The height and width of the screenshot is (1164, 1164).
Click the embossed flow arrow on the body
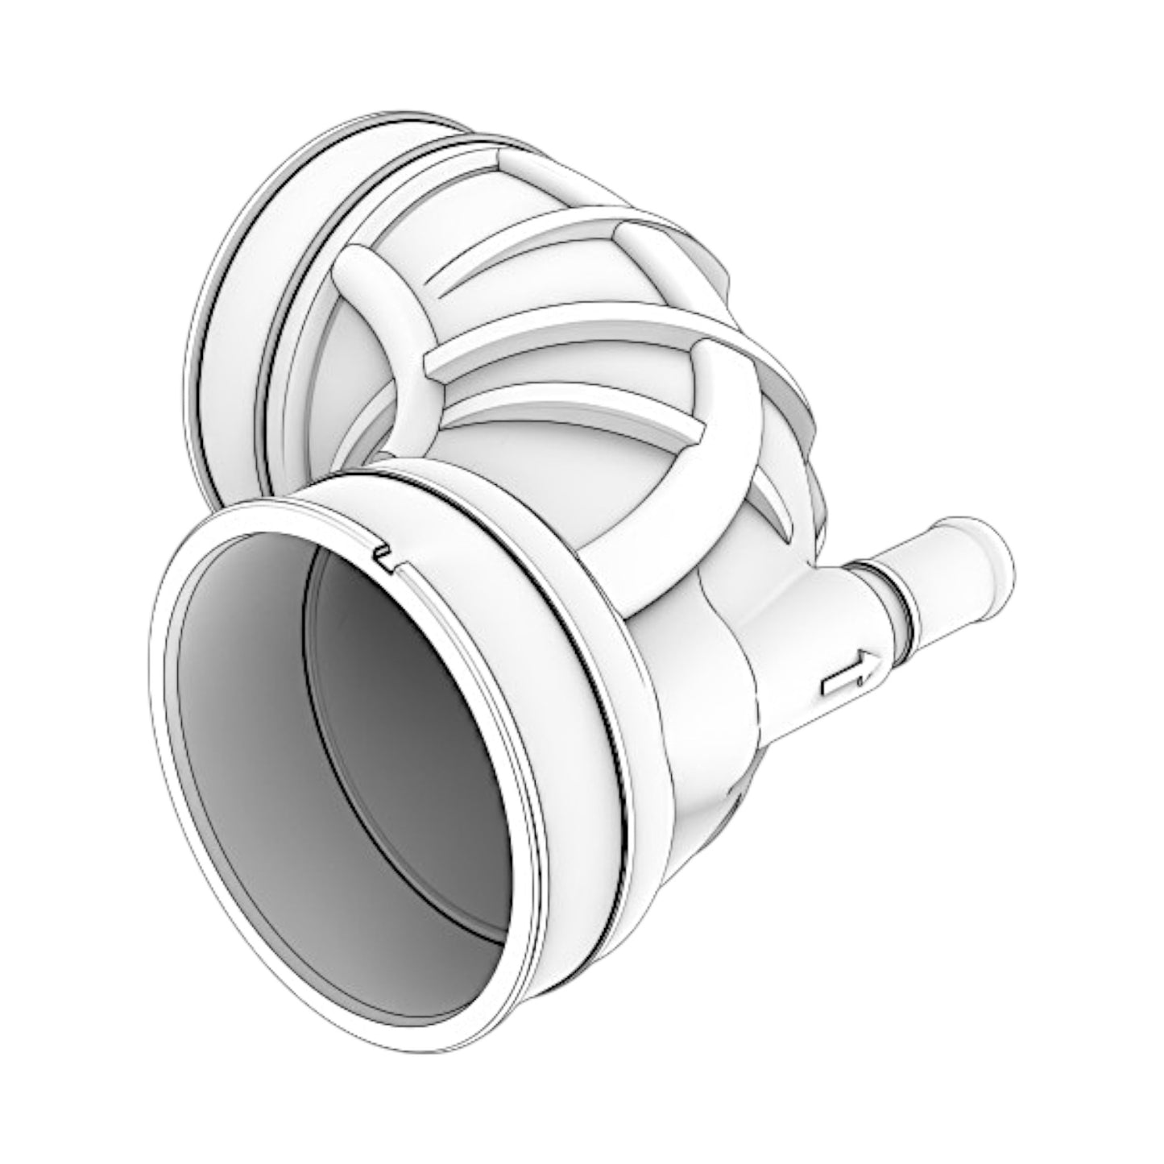846,673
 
